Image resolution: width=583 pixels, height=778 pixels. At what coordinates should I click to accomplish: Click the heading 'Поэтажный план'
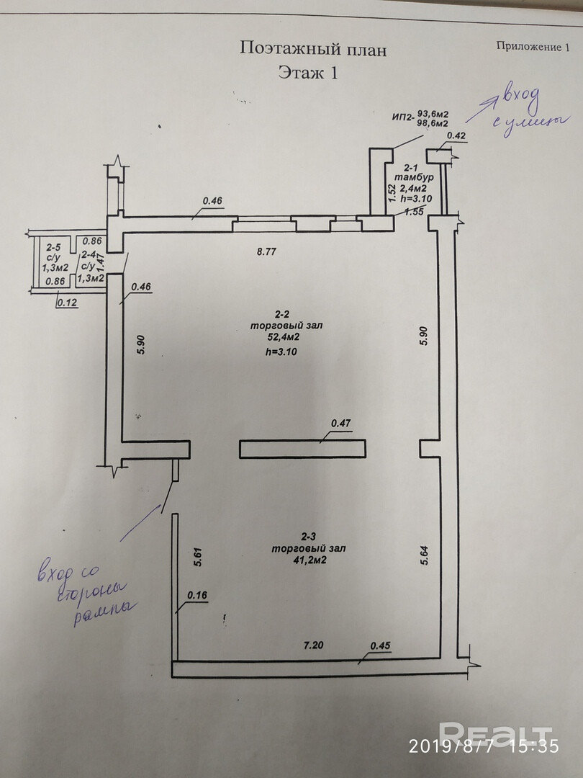coord(313,50)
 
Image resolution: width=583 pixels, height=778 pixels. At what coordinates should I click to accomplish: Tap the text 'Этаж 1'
coord(307,73)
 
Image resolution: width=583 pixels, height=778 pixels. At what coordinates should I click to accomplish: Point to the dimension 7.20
coord(313,645)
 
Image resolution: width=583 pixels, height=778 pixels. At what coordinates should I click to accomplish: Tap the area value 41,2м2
coord(309,559)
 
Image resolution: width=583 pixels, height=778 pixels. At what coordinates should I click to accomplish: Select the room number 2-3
coord(309,536)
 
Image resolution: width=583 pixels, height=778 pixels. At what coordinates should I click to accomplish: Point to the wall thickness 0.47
coord(340,424)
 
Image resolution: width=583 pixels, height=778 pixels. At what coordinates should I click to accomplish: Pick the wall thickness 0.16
coord(196,595)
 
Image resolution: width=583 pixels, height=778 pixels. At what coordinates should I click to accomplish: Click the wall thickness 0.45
coord(380,645)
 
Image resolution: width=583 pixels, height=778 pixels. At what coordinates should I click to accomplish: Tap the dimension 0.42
coord(456,135)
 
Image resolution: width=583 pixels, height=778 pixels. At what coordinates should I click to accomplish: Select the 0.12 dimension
coord(67,303)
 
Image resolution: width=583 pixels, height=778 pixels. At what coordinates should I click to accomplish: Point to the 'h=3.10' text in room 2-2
coord(281,352)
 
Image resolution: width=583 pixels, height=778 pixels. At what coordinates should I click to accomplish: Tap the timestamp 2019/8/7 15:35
coord(483,746)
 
